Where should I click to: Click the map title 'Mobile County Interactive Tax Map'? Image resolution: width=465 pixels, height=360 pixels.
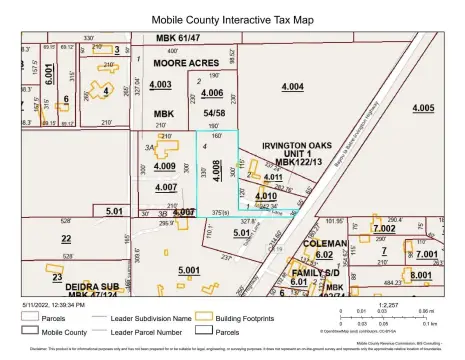pyautogui.click(x=231, y=18)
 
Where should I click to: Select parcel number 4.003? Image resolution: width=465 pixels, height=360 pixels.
pyautogui.click(x=160, y=85)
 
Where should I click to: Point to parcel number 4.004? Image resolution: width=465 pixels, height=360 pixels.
pyautogui.click(x=292, y=87)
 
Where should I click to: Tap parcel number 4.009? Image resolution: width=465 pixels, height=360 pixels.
pyautogui.click(x=166, y=166)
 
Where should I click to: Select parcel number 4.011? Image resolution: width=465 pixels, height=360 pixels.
pyautogui.click(x=272, y=177)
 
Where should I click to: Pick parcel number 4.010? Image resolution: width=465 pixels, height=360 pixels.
pyautogui.click(x=266, y=196)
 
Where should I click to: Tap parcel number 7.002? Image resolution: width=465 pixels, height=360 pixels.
pyautogui.click(x=383, y=229)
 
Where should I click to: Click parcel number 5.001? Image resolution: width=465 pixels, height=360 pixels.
pyautogui.click(x=189, y=270)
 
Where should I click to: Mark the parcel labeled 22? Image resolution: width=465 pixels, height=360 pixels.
pyautogui.click(x=66, y=238)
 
